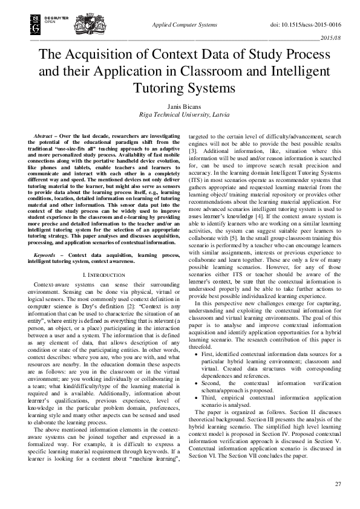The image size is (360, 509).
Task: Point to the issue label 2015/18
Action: tap(331, 38)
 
